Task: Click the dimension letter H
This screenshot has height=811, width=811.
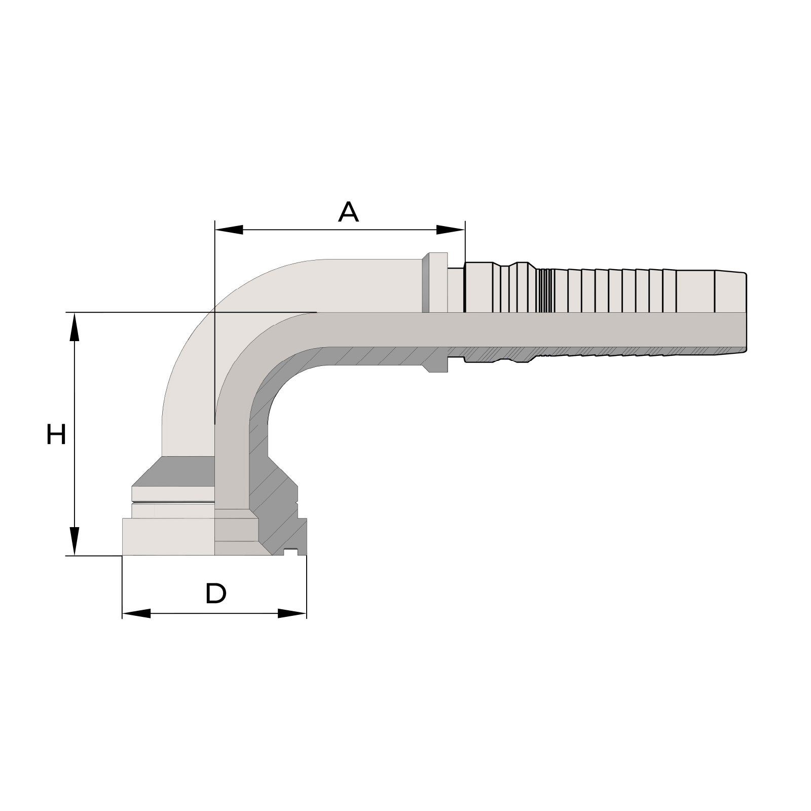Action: click(56, 434)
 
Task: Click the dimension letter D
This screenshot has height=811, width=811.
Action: click(215, 594)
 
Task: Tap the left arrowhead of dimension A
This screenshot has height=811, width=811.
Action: click(229, 230)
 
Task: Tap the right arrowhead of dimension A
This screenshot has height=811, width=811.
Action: click(451, 230)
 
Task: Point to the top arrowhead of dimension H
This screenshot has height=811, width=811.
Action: click(75, 327)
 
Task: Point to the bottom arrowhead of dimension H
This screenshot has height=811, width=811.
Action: click(75, 541)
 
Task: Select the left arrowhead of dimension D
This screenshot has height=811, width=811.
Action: click(136, 613)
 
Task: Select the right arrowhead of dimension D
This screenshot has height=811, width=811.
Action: click(292, 613)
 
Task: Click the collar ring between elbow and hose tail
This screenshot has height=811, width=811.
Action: click(435, 282)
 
